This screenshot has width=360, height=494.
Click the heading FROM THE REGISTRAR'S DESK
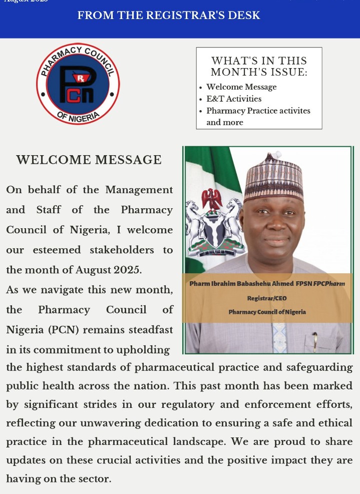click(169, 16)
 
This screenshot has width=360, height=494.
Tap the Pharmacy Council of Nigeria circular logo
click(78, 84)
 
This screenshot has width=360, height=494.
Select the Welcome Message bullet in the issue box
click(241, 87)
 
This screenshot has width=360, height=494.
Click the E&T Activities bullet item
click(234, 99)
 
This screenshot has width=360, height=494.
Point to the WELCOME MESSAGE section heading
click(89, 160)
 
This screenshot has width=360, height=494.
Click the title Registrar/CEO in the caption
click(267, 298)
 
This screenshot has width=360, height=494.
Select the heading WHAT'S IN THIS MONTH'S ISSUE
click(259, 66)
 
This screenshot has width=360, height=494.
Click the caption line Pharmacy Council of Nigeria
click(267, 312)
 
